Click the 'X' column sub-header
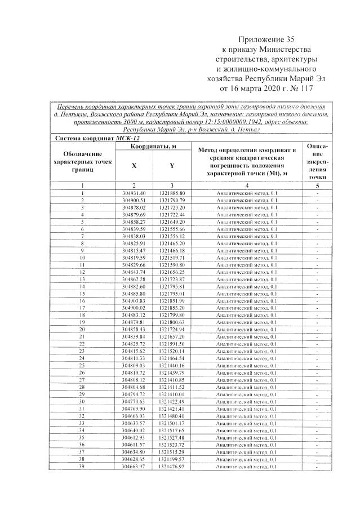click(x=134, y=166)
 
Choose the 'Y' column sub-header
click(x=172, y=166)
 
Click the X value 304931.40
click(x=134, y=193)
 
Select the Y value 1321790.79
click(x=172, y=200)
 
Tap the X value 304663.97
click(x=134, y=467)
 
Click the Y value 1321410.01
click(x=172, y=394)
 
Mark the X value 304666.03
click(x=134, y=416)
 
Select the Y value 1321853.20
click(x=172, y=308)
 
